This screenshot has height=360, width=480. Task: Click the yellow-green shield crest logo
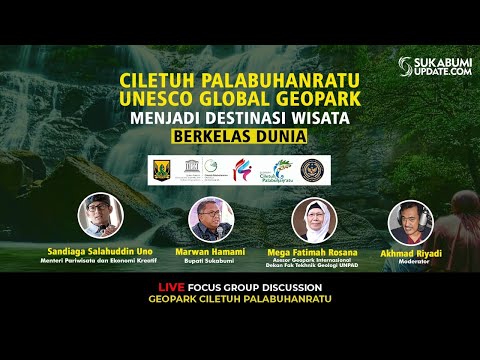coord(162,168)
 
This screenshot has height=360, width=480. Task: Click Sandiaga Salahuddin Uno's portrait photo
coord(100,214)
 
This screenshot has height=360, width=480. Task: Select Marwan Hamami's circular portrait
coord(211,218)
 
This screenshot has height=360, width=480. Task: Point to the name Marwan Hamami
coord(211,251)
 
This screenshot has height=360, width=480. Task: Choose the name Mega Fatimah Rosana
coord(313,252)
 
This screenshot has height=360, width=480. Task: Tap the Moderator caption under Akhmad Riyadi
coord(409,262)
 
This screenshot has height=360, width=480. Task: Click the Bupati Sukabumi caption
coord(211,260)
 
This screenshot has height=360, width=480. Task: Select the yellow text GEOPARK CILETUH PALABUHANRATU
coord(240,299)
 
